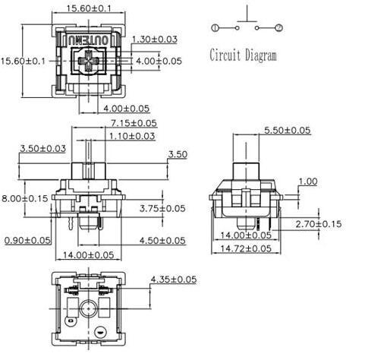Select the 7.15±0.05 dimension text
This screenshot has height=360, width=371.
[134, 122]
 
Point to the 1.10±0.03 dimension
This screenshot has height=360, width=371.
[133, 136]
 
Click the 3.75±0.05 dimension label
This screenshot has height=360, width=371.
[162, 208]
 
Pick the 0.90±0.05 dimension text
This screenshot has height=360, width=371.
[27, 240]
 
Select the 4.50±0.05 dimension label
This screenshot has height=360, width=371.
[162, 240]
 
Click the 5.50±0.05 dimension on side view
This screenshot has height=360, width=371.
[287, 131]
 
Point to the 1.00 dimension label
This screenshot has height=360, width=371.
[308, 182]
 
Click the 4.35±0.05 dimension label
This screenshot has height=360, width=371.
[174, 279]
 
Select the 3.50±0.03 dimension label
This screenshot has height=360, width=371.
[43, 147]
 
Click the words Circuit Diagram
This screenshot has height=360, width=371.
[243, 55]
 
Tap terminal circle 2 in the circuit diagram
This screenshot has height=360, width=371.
[279, 28]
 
